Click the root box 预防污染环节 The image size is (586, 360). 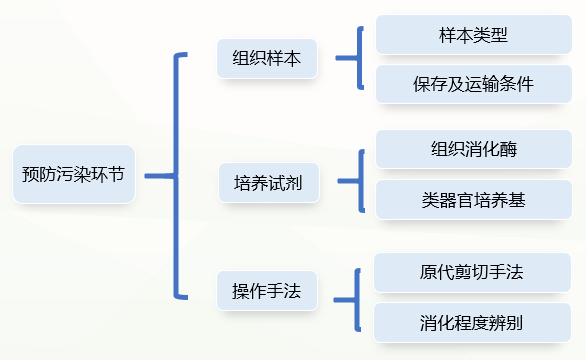coord(73,174)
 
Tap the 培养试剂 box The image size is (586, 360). coord(267,182)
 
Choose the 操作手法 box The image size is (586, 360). coord(267,291)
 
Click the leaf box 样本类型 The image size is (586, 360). coord(473,35)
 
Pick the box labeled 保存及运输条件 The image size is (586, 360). coord(473,84)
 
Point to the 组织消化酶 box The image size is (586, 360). coord(473,150)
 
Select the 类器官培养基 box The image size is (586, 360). coord(473,199)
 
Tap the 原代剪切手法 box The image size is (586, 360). coord(473,273)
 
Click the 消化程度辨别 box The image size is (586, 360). coord(473,322)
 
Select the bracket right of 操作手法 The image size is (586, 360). coord(355,298)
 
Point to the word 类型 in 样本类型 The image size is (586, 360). coord(490,35)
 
